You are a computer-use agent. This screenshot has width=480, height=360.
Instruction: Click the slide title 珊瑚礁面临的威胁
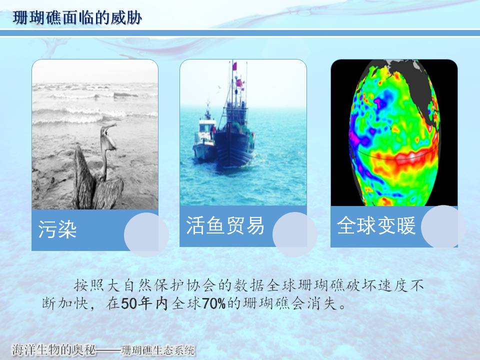tap(77, 17)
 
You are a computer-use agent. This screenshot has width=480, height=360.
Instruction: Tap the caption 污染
tap(57, 229)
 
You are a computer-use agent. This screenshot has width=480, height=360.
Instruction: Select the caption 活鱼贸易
tap(225, 225)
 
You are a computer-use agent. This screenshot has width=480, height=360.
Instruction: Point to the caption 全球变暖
tap(376, 225)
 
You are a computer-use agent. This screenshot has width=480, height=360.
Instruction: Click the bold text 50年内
tap(144, 303)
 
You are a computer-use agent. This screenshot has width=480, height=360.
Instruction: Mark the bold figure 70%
tap(214, 303)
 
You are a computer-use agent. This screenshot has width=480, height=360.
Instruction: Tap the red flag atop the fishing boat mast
tap(234, 66)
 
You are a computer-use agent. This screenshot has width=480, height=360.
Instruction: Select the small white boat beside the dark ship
tap(204, 139)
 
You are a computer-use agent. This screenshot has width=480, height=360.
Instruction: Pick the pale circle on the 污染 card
tap(146, 234)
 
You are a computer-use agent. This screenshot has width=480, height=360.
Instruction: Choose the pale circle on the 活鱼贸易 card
tap(294, 234)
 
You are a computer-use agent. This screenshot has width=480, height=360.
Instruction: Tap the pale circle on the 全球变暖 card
tap(443, 226)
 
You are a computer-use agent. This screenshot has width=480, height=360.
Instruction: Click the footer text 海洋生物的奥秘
tap(54, 350)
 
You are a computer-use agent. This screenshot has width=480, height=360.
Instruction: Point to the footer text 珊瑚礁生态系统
tap(158, 350)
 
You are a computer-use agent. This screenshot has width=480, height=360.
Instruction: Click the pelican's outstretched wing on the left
tap(83, 177)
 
